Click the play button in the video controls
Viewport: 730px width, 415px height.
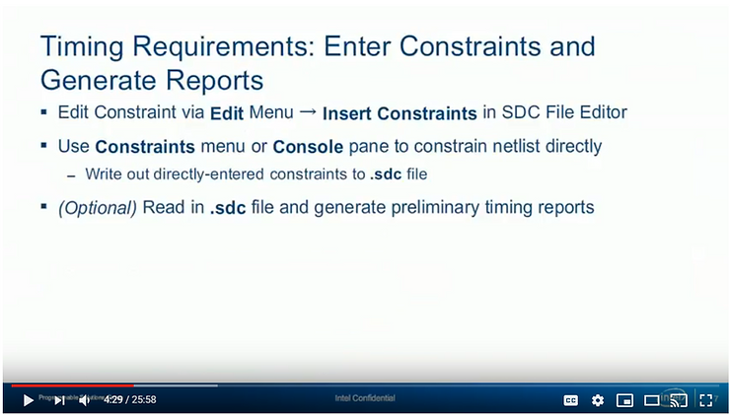[x=28, y=399]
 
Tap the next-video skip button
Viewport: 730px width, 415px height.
[x=59, y=399]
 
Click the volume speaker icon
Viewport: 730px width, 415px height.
[x=85, y=399]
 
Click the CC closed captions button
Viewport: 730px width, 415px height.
[x=570, y=400]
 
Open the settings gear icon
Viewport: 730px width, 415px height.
[x=598, y=400]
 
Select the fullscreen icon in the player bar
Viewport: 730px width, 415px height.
[x=706, y=400]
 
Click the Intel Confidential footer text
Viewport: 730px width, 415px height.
[x=365, y=398]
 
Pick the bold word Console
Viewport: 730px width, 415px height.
[x=307, y=147]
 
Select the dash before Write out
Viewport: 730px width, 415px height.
[x=71, y=175]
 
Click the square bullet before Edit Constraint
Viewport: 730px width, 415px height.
[x=44, y=110]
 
